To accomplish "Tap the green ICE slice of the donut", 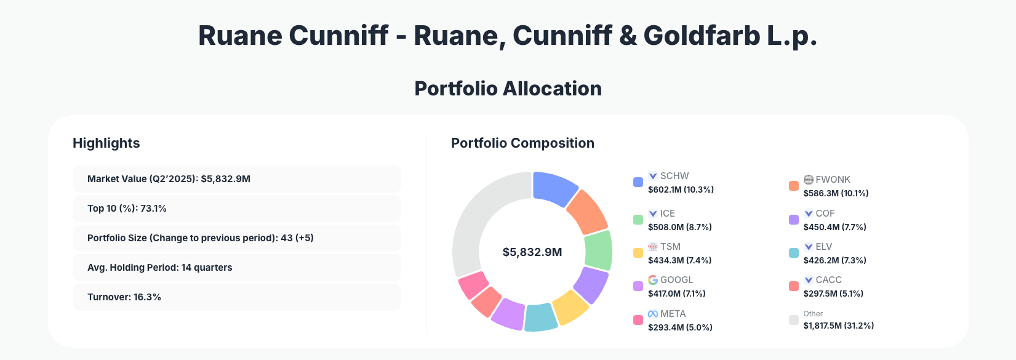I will (598, 250).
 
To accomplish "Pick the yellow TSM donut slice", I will (570, 308).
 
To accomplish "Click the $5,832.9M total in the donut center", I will (532, 252).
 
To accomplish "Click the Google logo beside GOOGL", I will (653, 280).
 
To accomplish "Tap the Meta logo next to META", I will (653, 314).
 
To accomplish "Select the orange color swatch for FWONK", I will (794, 186).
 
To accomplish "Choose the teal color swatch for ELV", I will (794, 253).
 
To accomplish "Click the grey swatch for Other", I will (794, 320).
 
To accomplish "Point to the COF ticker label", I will (825, 214).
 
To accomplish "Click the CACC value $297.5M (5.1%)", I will (833, 294).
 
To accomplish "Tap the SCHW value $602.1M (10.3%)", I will (681, 190).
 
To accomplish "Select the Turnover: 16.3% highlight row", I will (236, 297).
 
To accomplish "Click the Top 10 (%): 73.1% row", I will (236, 209).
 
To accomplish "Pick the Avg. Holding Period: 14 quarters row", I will (236, 268).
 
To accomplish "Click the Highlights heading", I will (106, 143).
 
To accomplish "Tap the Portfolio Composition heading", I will (522, 143).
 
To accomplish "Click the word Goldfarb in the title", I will (701, 36).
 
